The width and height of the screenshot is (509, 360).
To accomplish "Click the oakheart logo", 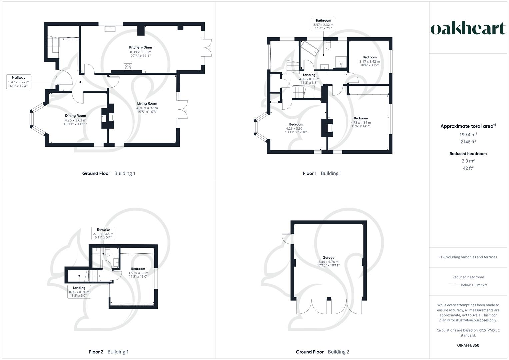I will [468, 29].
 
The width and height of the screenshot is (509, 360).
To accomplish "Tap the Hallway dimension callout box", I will [19, 82].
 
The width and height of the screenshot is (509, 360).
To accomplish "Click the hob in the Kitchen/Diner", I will [128, 67].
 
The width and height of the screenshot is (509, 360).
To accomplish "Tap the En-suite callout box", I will [104, 234].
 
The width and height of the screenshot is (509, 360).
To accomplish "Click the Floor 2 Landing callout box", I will [79, 292].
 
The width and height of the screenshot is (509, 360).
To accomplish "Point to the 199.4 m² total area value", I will [468, 135].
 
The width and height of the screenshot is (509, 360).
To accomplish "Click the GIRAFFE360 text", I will [468, 345].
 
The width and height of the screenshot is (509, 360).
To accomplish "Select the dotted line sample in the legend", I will [454, 285].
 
